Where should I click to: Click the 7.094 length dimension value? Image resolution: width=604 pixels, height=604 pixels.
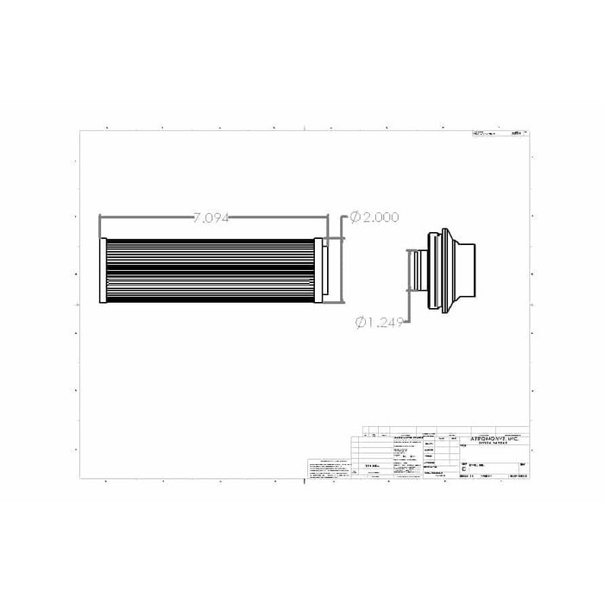click(211, 218)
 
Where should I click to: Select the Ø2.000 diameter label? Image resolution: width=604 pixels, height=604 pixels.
click(374, 218)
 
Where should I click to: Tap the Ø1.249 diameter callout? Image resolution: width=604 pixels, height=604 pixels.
click(381, 323)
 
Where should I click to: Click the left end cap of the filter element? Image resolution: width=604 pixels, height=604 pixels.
click(103, 270)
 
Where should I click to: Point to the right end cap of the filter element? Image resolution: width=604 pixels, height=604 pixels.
click(319, 270)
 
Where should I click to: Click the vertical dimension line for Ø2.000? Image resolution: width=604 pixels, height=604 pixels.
click(345, 259)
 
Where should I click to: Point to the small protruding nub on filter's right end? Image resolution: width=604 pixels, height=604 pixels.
click(327, 270)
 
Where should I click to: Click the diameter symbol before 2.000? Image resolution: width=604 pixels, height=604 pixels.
click(355, 218)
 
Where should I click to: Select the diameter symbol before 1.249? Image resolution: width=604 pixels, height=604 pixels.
click(360, 323)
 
